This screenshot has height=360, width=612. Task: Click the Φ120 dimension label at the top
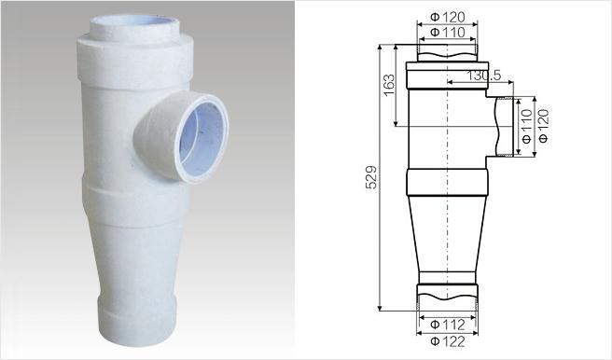point(448,17)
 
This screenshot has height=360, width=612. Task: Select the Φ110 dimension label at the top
point(448,32)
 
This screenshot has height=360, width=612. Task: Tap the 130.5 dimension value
point(483,76)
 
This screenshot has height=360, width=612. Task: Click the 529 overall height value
point(371,177)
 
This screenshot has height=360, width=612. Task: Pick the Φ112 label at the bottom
point(448,325)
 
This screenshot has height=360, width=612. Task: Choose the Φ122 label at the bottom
point(448,341)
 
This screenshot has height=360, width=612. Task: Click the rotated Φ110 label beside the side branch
point(527,127)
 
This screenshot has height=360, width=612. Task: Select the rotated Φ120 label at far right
point(543,127)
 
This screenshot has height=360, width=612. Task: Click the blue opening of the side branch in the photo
point(202,138)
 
